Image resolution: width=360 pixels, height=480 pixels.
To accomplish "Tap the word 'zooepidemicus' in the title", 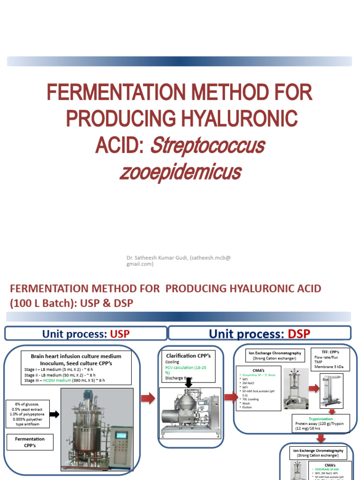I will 180,172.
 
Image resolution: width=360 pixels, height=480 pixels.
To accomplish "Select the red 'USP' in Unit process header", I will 120,334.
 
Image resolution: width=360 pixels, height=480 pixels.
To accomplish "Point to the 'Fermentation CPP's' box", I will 30,442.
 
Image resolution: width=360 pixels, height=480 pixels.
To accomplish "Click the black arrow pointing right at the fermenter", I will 54,414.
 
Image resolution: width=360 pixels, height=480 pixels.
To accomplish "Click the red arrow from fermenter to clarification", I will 148,398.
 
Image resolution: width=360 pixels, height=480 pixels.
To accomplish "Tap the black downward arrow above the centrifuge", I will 189,383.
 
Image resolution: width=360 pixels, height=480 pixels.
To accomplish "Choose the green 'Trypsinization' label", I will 321,419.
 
